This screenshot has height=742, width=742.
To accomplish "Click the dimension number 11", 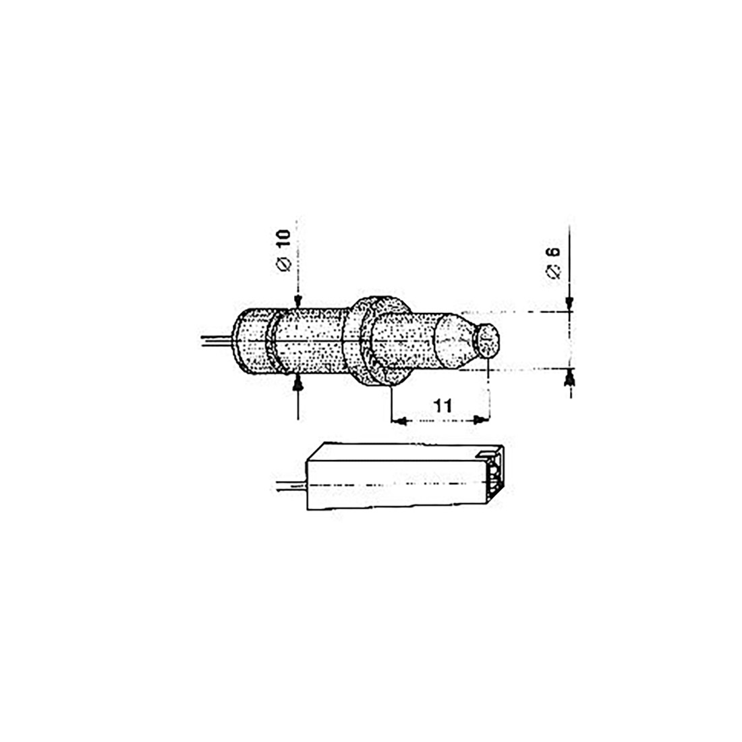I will (443, 405).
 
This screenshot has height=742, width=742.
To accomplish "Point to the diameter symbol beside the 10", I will (284, 264).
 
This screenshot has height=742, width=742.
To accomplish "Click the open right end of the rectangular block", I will (496, 476).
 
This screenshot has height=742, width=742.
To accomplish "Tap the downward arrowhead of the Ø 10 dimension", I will (297, 304).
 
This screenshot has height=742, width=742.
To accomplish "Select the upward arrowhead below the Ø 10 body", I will (297, 384).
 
